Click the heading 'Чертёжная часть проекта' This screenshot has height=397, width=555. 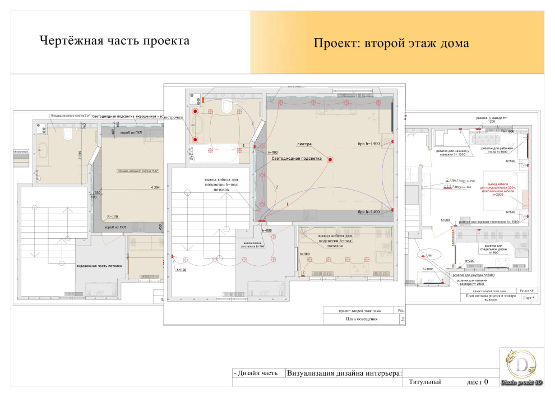[x=114, y=41]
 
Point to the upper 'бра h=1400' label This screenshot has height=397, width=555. [x=369, y=144]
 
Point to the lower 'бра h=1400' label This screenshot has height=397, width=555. [x=369, y=212]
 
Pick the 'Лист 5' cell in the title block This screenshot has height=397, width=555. [x=528, y=298]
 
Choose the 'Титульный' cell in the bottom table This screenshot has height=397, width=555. [x=425, y=382]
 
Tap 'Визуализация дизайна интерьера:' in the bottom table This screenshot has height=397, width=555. [x=344, y=372]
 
